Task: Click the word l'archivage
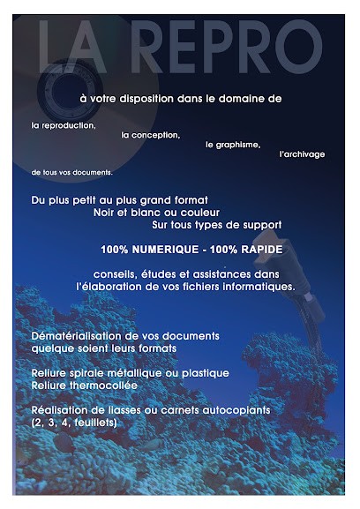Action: pos(302,153)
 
